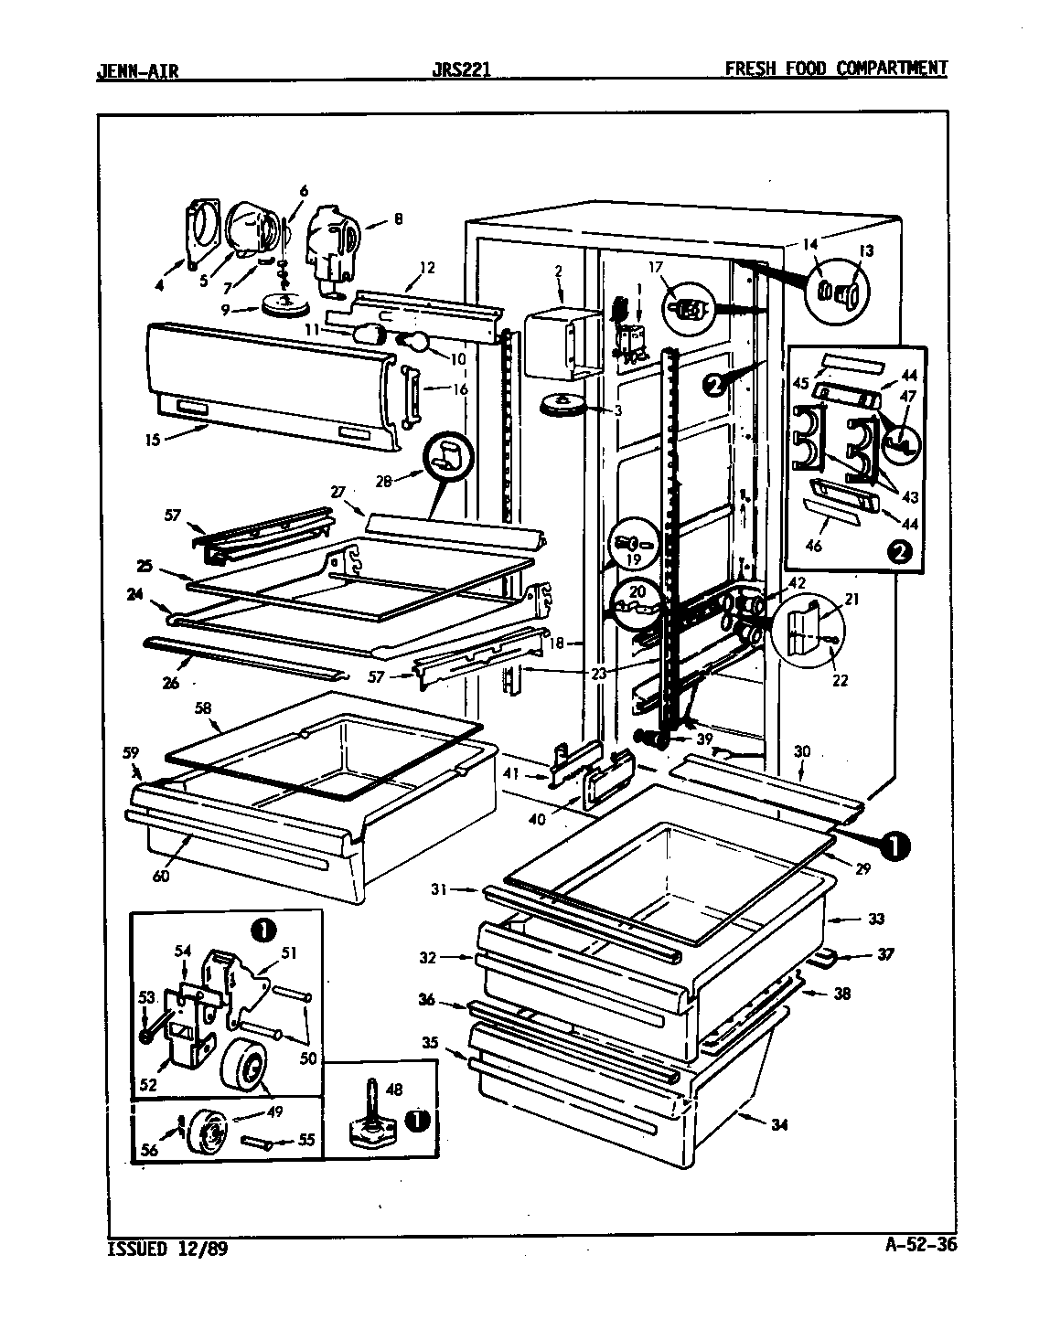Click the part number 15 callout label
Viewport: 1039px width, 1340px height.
pos(152,440)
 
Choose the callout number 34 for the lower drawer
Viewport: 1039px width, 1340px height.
pos(778,1124)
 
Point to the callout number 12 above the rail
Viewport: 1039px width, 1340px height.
pos(426,268)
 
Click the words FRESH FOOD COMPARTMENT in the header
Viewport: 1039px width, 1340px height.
pos(835,69)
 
